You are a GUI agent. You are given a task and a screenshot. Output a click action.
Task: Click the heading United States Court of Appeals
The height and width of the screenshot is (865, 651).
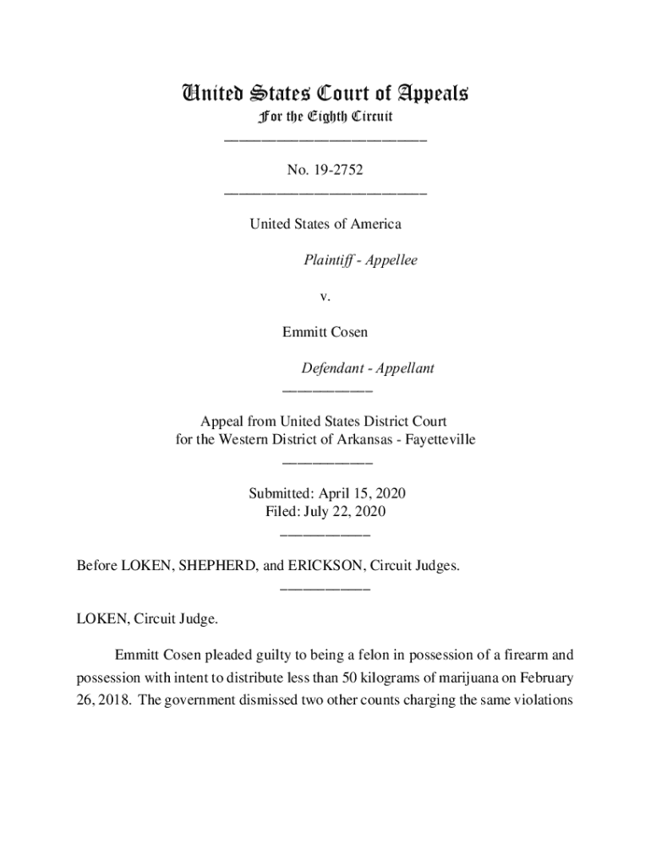tap(325, 93)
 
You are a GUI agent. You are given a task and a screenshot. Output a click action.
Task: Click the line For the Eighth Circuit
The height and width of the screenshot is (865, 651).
tap(325, 116)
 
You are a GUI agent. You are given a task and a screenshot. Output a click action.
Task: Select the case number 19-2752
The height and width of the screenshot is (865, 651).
tap(335, 171)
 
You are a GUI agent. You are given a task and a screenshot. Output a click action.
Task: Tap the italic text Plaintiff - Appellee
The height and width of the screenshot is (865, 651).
tap(360, 260)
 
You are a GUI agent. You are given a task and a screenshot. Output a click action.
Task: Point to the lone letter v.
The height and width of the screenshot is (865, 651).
tap(325, 296)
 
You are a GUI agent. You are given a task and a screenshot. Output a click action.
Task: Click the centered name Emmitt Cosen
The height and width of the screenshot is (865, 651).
tap(325, 332)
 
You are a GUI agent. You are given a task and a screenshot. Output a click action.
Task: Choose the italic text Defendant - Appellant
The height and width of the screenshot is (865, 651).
tap(368, 368)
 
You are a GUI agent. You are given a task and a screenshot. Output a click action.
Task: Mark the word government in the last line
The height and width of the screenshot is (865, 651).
tap(200, 702)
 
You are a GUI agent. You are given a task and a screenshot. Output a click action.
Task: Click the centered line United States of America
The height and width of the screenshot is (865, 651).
tap(325, 224)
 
